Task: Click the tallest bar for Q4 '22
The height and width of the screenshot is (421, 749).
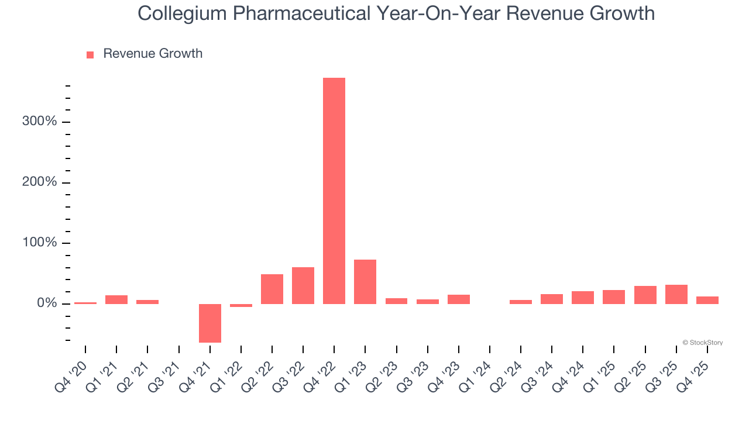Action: (x=334, y=191)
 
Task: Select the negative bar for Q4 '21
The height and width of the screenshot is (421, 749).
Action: (x=210, y=323)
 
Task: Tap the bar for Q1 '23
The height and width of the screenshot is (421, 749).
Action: (x=365, y=281)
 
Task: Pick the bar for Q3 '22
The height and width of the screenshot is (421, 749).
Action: (x=303, y=285)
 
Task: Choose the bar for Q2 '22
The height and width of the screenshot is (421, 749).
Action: (x=272, y=289)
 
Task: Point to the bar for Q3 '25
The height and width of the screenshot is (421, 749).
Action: (x=676, y=294)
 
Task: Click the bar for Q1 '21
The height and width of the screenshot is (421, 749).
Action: (x=116, y=299)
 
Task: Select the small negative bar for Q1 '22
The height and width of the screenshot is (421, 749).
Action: (x=241, y=305)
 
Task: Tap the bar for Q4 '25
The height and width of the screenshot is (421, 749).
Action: (x=707, y=300)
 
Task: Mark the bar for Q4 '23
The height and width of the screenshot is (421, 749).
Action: (x=459, y=299)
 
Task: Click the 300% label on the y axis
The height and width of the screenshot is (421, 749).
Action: (x=40, y=122)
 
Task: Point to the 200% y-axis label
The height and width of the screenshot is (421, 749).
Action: (x=40, y=182)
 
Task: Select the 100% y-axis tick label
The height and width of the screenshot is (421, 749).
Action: (x=40, y=243)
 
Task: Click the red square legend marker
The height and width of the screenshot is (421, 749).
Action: (x=90, y=54)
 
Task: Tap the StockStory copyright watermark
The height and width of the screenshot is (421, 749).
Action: (x=702, y=343)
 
